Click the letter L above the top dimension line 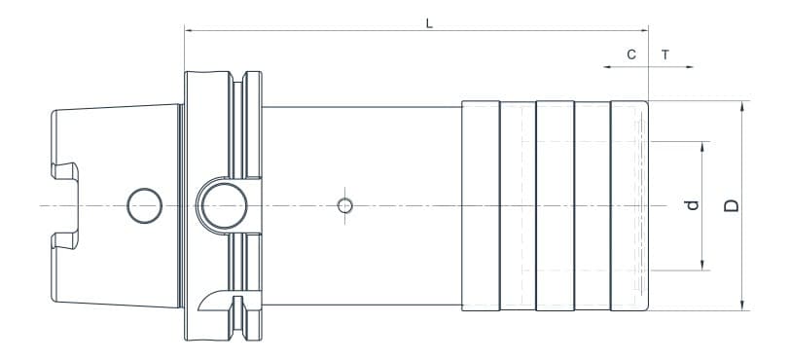pyautogui.click(x=429, y=22)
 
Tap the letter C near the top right pyautogui.click(x=631, y=54)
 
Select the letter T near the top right pyautogui.click(x=665, y=54)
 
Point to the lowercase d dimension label pyautogui.click(x=692, y=205)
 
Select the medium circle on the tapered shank pyautogui.click(x=144, y=205)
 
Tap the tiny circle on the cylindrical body pyautogui.click(x=343, y=205)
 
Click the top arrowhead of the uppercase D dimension pyautogui.click(x=743, y=105)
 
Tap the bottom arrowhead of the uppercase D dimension pyautogui.click(x=743, y=306)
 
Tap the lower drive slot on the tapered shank pyautogui.click(x=66, y=239)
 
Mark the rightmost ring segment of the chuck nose pyautogui.click(x=628, y=205)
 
